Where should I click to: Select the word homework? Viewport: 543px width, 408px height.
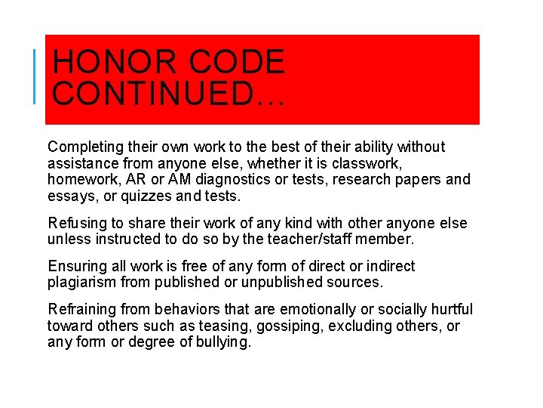tap(81, 180)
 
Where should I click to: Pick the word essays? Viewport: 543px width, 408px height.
tap(69, 196)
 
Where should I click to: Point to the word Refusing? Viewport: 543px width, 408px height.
tap(75, 224)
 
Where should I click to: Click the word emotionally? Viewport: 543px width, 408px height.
tap(318, 310)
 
